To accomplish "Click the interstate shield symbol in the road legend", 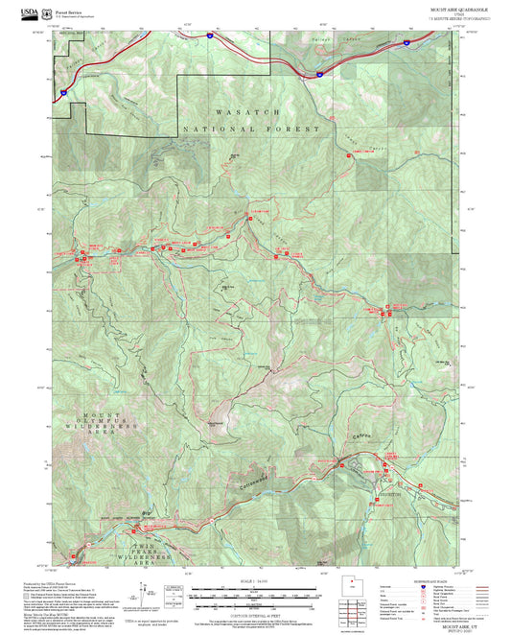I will [x=424, y=586].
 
